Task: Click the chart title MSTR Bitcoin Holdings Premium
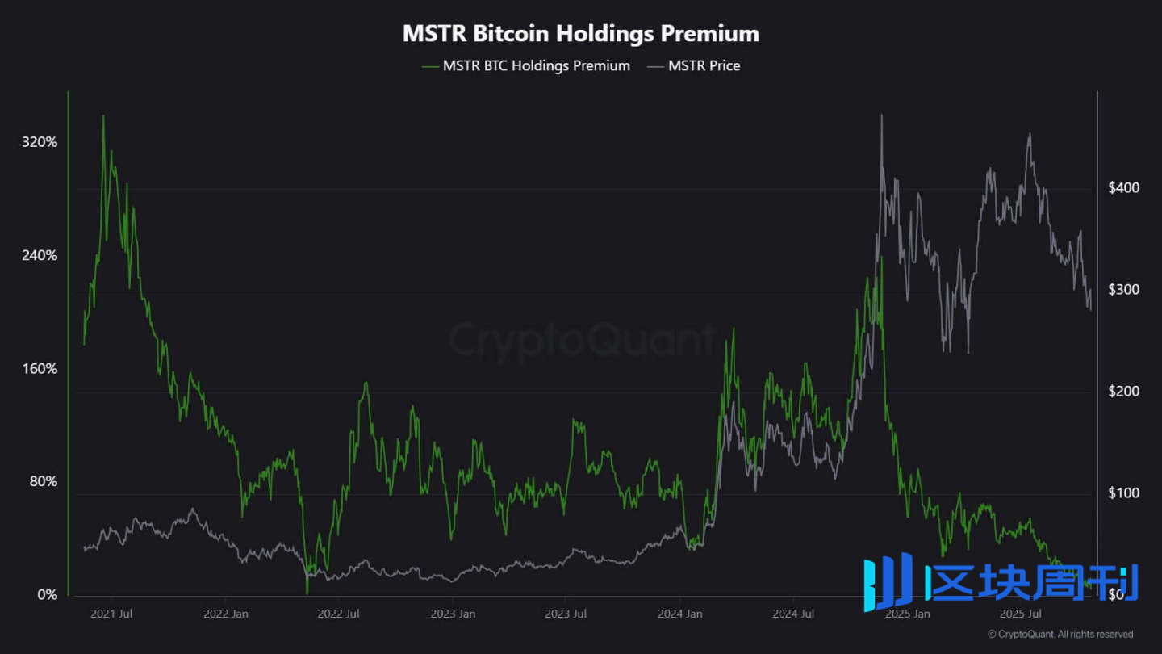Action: [x=581, y=34]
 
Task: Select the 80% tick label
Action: [x=44, y=482]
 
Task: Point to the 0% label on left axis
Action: [x=48, y=595]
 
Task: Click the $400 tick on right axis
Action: [x=1123, y=188]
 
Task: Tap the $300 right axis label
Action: [x=1123, y=290]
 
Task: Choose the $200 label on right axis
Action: [x=1123, y=392]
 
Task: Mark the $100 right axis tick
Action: [x=1123, y=493]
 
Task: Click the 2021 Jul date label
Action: [x=111, y=614]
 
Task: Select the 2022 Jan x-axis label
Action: [x=226, y=614]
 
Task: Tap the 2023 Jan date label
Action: [x=453, y=614]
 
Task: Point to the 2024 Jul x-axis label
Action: [x=794, y=614]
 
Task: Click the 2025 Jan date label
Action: [x=908, y=614]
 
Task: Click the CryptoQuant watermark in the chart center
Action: [x=581, y=340]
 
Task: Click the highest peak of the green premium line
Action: [x=103, y=116]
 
